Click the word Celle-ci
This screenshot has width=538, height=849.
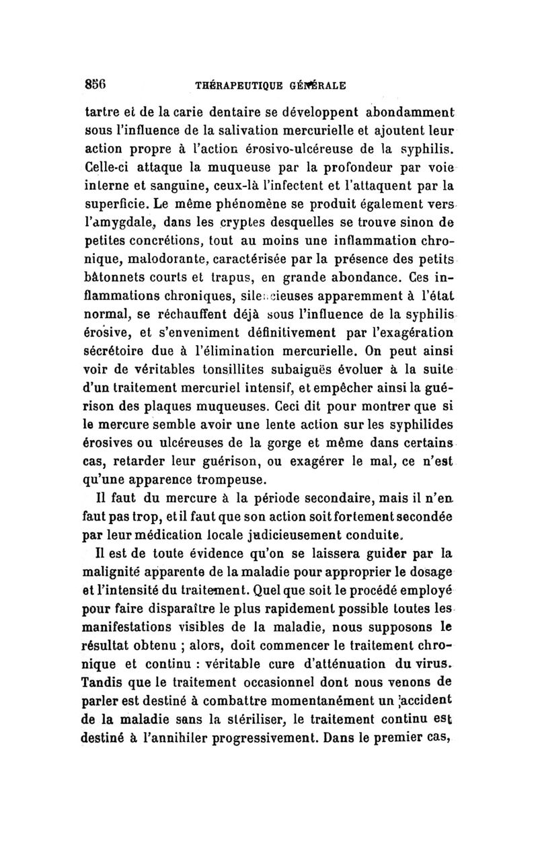(x=107, y=165)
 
